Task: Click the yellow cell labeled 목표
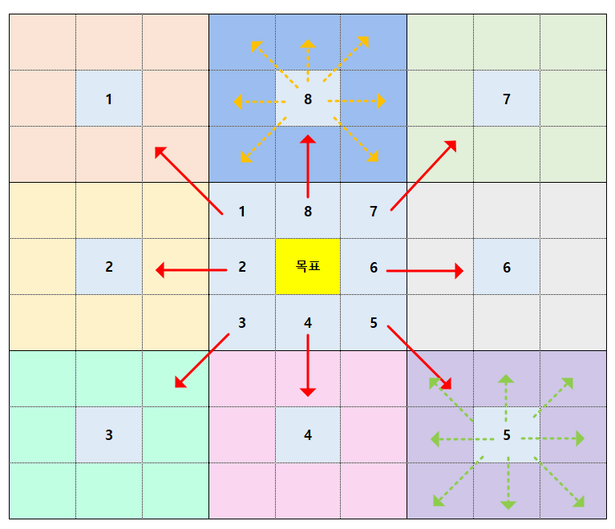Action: (308, 267)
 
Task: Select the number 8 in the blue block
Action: (308, 99)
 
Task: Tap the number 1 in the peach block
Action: (109, 99)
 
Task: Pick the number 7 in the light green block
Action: (506, 99)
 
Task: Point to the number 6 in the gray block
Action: (506, 268)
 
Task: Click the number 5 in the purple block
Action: (506, 436)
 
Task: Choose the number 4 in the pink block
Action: (308, 435)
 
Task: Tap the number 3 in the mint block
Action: (109, 435)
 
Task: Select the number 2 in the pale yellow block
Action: (109, 268)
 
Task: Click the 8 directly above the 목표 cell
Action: (308, 212)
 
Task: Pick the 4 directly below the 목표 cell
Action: (308, 323)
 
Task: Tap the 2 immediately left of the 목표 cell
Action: (242, 268)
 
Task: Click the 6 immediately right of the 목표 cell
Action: (374, 268)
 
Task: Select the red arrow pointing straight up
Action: (308, 165)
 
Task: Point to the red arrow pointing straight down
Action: (308, 365)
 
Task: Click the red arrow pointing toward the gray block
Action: (425, 271)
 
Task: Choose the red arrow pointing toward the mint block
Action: (201, 361)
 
